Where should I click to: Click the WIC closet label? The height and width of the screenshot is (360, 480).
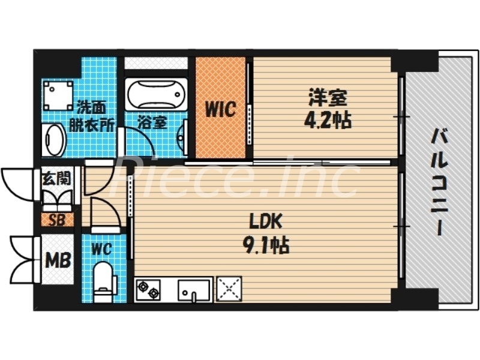220,110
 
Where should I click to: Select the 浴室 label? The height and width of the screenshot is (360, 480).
152,123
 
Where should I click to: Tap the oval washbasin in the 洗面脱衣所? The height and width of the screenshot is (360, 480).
55,140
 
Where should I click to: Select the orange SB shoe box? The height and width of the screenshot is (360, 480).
57,219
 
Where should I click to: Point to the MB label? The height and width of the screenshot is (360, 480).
58,261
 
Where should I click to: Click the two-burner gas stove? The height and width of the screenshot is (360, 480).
149,289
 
